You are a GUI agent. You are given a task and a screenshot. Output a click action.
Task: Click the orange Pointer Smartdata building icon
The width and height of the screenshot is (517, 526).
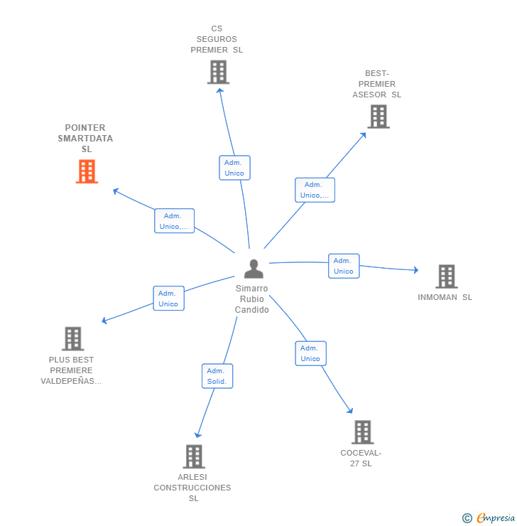(x=87, y=171)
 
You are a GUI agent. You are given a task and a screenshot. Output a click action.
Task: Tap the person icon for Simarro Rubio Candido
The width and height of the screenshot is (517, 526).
(x=254, y=269)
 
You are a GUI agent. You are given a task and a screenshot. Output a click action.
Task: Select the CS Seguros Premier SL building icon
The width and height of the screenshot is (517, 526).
(x=218, y=72)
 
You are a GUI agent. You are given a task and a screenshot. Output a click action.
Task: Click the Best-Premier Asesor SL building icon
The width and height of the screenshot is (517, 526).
(x=379, y=117)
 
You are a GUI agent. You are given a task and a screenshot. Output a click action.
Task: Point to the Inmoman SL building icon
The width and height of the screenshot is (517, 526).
(x=446, y=277)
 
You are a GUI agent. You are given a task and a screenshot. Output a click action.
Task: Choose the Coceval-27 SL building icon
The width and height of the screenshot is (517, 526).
(x=362, y=432)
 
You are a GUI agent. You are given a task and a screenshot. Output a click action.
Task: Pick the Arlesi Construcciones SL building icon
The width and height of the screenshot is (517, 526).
(x=194, y=456)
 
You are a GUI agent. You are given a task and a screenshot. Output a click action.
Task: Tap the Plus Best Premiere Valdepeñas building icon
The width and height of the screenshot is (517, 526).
(x=72, y=339)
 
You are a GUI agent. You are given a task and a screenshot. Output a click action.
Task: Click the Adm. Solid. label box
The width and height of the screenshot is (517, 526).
(x=217, y=376)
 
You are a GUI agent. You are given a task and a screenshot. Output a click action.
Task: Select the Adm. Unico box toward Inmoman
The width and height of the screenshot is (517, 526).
(x=344, y=266)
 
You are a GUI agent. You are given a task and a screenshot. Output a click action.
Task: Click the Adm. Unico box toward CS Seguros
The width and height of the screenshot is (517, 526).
(x=234, y=168)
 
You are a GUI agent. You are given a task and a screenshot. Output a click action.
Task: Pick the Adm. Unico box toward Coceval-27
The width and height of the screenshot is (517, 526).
(x=310, y=353)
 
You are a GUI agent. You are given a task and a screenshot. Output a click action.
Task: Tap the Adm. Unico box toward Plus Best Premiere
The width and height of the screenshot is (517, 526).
(x=168, y=299)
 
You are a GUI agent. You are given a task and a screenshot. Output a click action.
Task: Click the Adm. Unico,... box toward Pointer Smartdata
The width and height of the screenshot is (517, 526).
(x=174, y=221)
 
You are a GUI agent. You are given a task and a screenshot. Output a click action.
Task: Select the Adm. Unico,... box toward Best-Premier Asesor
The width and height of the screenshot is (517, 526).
(x=315, y=190)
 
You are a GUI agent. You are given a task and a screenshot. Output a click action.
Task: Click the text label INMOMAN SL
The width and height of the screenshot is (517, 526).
(x=445, y=298)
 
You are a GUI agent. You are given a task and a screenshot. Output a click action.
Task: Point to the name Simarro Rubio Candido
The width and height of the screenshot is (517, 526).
(x=252, y=299)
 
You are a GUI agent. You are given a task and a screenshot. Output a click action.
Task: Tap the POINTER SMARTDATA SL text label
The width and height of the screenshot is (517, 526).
(x=85, y=139)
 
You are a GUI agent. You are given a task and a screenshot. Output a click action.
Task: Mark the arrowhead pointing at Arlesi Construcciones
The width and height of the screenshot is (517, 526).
(x=198, y=434)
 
